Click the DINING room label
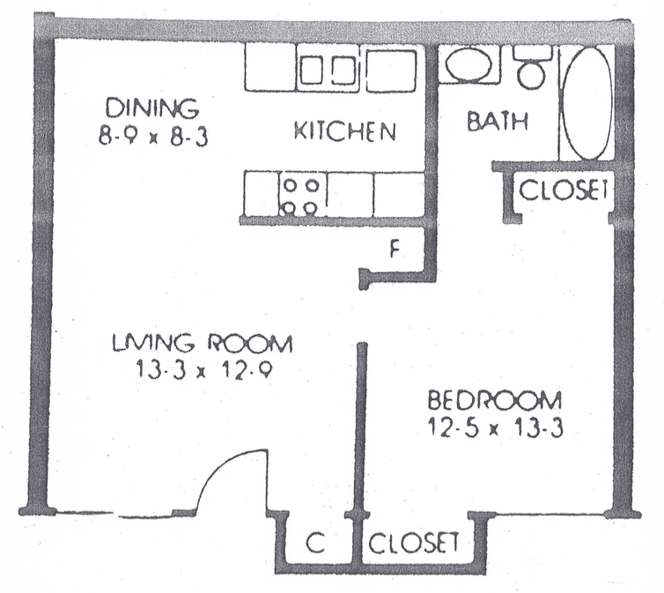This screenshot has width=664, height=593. tap(151, 107)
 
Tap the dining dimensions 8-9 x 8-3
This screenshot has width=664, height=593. tap(153, 137)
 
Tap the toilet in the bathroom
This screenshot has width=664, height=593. tap(532, 67)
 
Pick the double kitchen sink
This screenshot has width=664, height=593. tap(328, 69)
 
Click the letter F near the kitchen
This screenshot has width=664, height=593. tap(395, 250)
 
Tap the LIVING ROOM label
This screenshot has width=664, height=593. tap(202, 343)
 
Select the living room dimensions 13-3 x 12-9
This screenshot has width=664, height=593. tap(203, 372)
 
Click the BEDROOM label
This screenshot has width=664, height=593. tap(495, 401)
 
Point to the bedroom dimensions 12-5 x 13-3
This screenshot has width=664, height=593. tap(495, 429)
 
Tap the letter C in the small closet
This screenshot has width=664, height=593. tap(315, 544)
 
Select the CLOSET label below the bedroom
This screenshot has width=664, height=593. tap(413, 543)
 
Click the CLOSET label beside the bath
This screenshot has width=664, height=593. tap(564, 189)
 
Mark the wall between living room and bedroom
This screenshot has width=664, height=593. tap(361, 428)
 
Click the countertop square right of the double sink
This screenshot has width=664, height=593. tap(390, 70)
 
